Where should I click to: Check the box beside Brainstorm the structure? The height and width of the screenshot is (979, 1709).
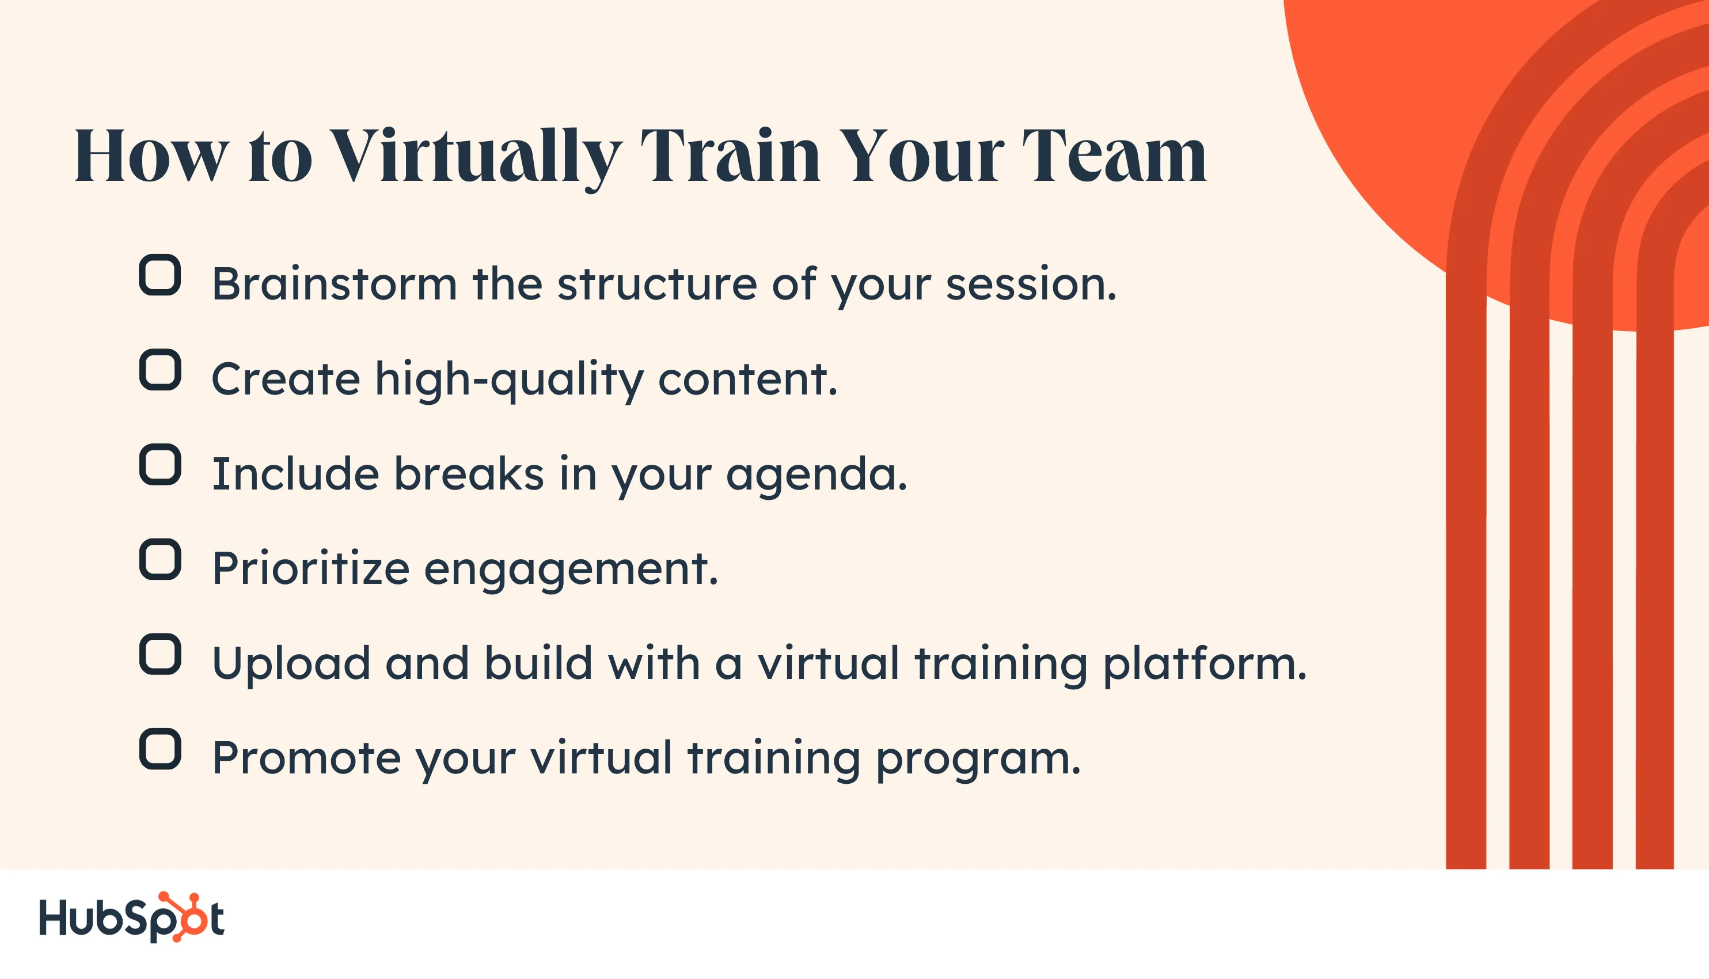click(160, 275)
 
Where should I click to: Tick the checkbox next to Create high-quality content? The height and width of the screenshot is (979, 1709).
click(160, 370)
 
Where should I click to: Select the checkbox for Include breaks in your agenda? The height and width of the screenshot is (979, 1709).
click(160, 465)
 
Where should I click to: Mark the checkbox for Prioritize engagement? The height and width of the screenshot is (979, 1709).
click(160, 559)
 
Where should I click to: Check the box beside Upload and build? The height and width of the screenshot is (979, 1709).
click(160, 654)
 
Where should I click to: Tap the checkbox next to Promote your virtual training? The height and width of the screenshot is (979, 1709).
click(160, 749)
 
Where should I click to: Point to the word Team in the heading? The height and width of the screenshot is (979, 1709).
click(1114, 155)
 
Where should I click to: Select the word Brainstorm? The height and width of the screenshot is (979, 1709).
click(334, 284)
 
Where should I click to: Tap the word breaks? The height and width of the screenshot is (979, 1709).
click(468, 473)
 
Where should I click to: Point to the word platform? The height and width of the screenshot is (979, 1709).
click(1204, 665)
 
